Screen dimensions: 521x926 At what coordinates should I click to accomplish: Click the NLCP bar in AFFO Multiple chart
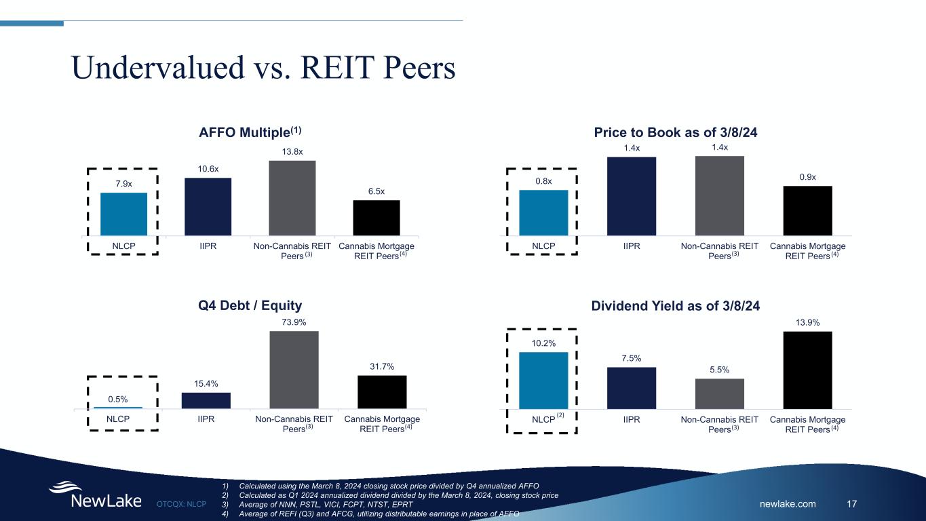[123, 214]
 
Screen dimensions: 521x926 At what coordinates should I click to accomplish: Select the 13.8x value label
[292, 152]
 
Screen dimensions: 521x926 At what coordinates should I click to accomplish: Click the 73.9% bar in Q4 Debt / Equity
[294, 370]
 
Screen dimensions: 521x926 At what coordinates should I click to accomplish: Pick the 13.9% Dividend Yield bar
[807, 370]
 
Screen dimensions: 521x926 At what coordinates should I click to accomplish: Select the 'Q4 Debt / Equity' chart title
[250, 306]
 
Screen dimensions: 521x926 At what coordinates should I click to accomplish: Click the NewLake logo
[95, 495]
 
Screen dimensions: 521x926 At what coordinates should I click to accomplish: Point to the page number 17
[853, 503]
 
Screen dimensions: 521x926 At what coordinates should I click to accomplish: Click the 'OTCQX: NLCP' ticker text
[181, 504]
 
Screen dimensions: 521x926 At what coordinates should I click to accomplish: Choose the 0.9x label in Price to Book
[807, 176]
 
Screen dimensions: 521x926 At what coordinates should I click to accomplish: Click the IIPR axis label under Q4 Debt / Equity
[206, 419]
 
